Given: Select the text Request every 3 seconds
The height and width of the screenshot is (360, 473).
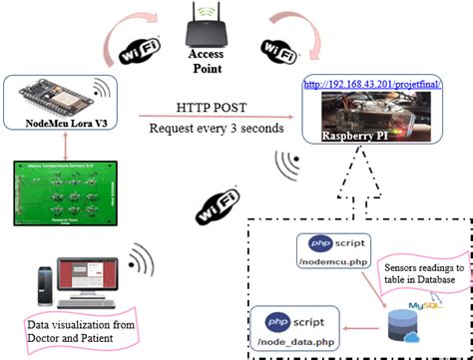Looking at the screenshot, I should [214, 129].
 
